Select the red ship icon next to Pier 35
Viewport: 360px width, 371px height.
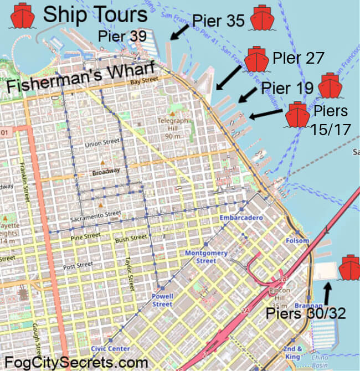point(264,18)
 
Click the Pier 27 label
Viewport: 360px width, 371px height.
point(298,58)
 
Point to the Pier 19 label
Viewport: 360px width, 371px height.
point(287,87)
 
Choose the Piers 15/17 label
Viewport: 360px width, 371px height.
point(331,119)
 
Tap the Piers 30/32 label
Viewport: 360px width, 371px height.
point(306,313)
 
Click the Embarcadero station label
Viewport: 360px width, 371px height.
point(240,218)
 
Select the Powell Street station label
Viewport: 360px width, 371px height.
point(162,301)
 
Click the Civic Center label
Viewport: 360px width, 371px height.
point(110,349)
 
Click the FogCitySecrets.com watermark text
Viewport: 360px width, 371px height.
point(76,362)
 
